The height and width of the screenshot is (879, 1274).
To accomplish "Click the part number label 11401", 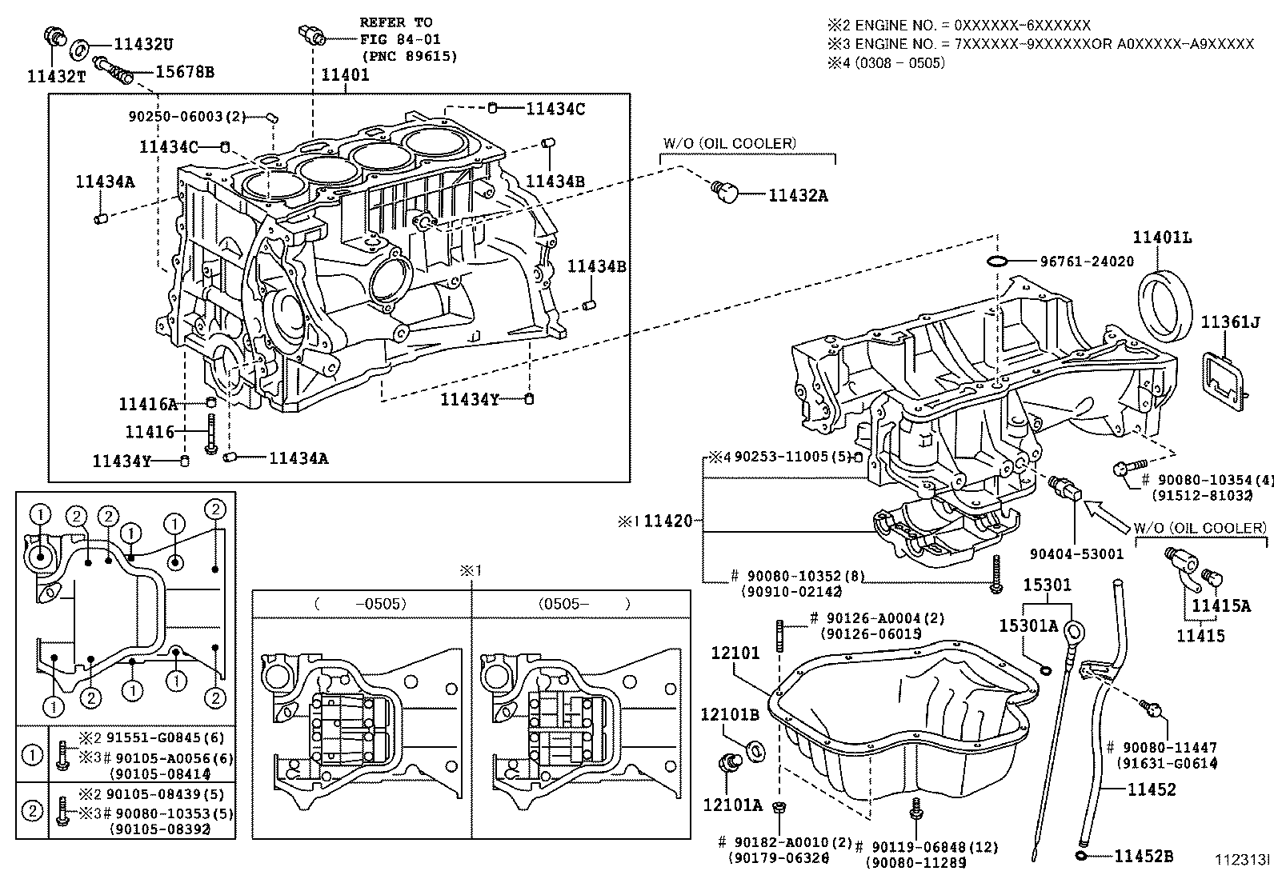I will [345, 75].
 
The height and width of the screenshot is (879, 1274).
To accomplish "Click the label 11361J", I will [1231, 322].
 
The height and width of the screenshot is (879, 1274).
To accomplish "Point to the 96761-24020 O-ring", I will [997, 262].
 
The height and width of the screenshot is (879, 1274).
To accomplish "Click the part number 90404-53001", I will [1076, 553].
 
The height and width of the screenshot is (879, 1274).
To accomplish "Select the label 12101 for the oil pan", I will [735, 653].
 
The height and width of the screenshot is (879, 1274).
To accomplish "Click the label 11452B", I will [1144, 857].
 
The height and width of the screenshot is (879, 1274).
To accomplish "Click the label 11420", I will [668, 521].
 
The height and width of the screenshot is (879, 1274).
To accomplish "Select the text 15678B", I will [185, 72].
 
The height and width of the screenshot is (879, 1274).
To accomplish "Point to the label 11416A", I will [148, 404].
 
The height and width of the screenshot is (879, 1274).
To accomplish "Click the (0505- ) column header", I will [583, 604].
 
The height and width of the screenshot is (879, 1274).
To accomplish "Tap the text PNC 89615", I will [410, 56].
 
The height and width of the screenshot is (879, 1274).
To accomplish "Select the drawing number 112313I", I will [1243, 860].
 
